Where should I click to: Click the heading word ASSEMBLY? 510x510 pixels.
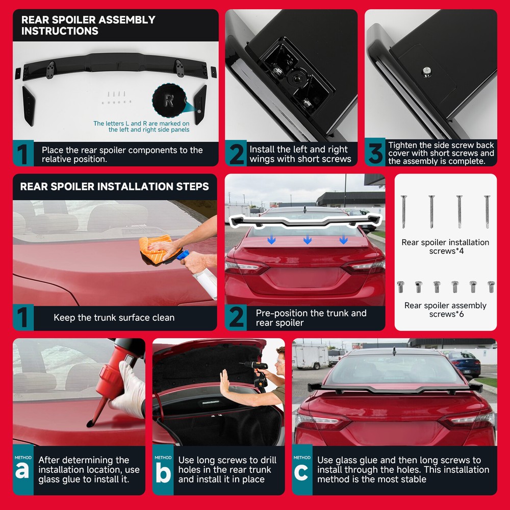pyautogui.click(x=126, y=19)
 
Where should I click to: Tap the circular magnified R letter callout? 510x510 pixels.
pyautogui.click(x=169, y=100)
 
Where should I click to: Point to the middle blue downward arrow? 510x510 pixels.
pyautogui.click(x=308, y=240)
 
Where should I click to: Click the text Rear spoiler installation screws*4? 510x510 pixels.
pyautogui.click(x=445, y=246)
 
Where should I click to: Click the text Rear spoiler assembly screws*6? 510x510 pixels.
pyautogui.click(x=445, y=310)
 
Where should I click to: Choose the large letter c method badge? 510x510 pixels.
pyautogui.click(x=301, y=472)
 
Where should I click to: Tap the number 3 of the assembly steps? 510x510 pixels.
pyautogui.click(x=375, y=152)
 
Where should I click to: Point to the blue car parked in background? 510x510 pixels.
pyautogui.click(x=465, y=364)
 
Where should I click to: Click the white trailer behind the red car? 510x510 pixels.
pyautogui.click(x=310, y=356)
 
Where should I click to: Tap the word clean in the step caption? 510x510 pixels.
pyautogui.click(x=163, y=317)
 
